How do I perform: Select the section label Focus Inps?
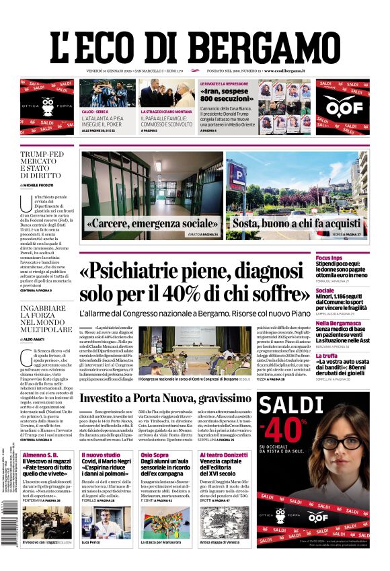pyautogui.click(x=348, y=258)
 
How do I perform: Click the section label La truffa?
pyautogui.click(x=346, y=356)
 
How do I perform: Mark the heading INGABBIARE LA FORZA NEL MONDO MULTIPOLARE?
pyautogui.click(x=46, y=319)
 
